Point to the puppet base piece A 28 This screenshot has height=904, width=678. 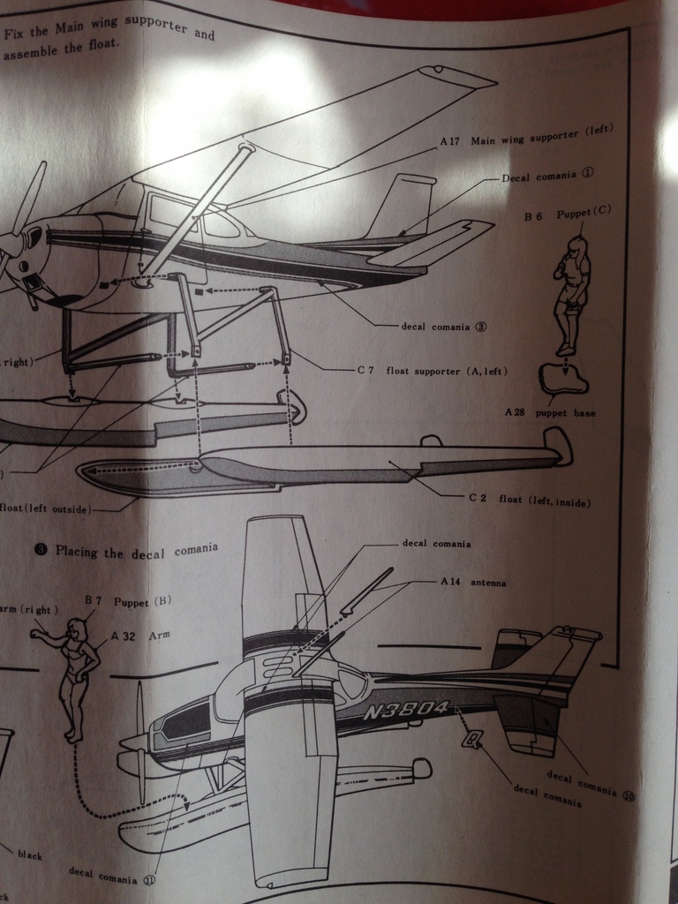coord(563,380)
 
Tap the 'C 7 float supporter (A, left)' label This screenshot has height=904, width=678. coord(432,370)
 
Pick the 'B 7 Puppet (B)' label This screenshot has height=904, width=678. coord(127,600)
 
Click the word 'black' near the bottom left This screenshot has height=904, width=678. coord(29,855)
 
